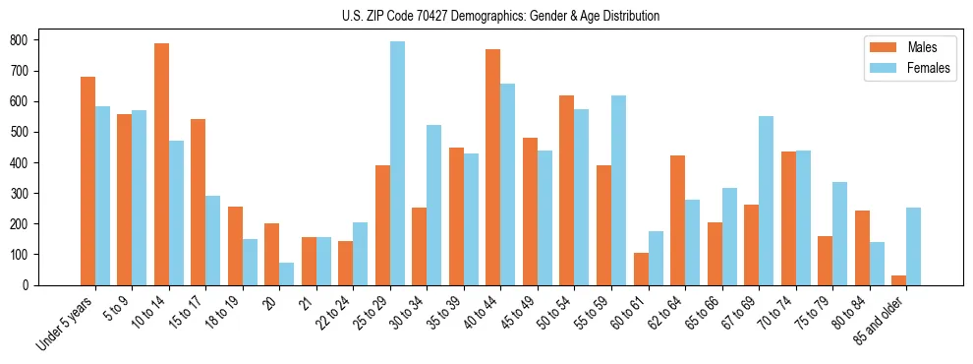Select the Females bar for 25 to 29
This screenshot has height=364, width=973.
[397, 163]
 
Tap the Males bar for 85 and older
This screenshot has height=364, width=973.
[898, 280]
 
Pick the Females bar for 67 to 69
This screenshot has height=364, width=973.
[766, 201]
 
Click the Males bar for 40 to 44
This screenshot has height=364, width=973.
[493, 167]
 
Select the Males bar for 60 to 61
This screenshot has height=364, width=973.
[641, 269]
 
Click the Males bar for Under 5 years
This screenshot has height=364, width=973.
[87, 181]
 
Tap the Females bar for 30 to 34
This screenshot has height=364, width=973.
[434, 205]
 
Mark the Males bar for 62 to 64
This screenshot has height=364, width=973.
[677, 220]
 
